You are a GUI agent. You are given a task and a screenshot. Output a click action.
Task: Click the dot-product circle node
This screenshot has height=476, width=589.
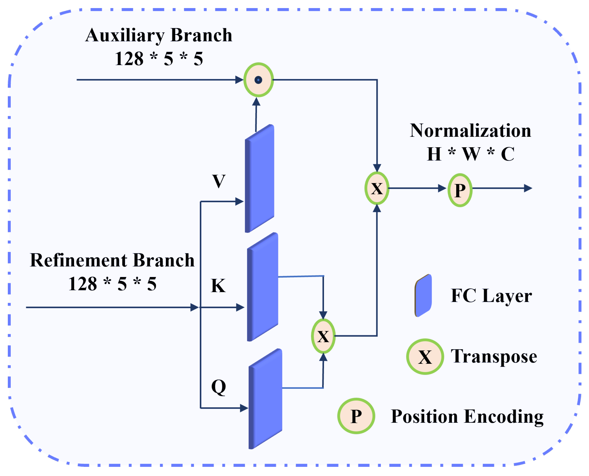pyautogui.click(x=258, y=80)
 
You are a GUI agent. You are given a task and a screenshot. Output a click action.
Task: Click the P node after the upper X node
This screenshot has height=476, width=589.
pyautogui.click(x=460, y=190)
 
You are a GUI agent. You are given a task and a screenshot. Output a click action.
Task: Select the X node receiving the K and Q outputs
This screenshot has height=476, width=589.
pyautogui.click(x=323, y=336)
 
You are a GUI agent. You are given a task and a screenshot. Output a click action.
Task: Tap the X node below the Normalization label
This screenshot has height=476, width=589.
pyautogui.click(x=377, y=188)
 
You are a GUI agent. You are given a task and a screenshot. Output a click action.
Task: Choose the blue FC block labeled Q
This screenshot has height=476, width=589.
pyautogui.click(x=265, y=399)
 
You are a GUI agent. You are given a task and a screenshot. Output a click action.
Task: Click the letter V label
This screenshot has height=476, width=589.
pyautogui.click(x=218, y=181)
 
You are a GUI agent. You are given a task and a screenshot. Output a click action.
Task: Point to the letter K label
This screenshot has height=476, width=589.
pyautogui.click(x=218, y=286)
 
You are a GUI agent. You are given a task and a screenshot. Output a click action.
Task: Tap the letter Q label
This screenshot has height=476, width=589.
pyautogui.click(x=218, y=387)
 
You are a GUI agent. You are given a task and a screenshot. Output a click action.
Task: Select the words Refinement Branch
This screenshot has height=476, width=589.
pyautogui.click(x=112, y=260)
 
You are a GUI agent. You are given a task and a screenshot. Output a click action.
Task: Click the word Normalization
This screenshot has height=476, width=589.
pyautogui.click(x=470, y=131)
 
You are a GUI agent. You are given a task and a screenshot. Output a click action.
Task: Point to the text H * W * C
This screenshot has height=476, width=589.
pyautogui.click(x=470, y=154)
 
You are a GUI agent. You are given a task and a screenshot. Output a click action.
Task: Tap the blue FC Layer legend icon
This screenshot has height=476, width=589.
pyautogui.click(x=423, y=295)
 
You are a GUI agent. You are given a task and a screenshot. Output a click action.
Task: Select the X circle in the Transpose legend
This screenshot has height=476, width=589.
pyautogui.click(x=425, y=357)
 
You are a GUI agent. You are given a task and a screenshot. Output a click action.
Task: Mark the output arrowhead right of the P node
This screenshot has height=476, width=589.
pyautogui.click(x=528, y=188)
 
